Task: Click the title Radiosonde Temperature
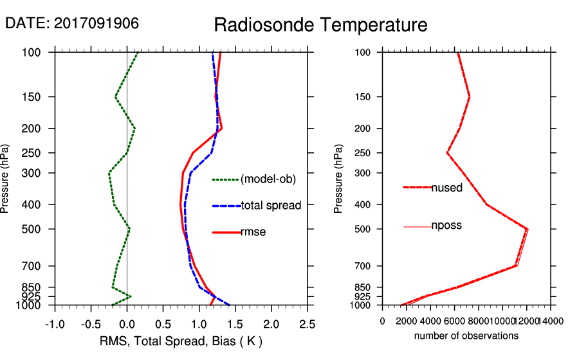coord(320,25)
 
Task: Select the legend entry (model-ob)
coord(268,180)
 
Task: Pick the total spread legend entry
coord(271,206)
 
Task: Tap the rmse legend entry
coord(253,232)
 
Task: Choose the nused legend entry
coord(446,187)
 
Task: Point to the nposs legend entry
coord(446,226)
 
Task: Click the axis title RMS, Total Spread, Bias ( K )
coord(181,341)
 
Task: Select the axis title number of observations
coord(466,336)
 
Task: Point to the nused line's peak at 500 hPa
coord(527,229)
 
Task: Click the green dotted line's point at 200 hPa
coord(134,129)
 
